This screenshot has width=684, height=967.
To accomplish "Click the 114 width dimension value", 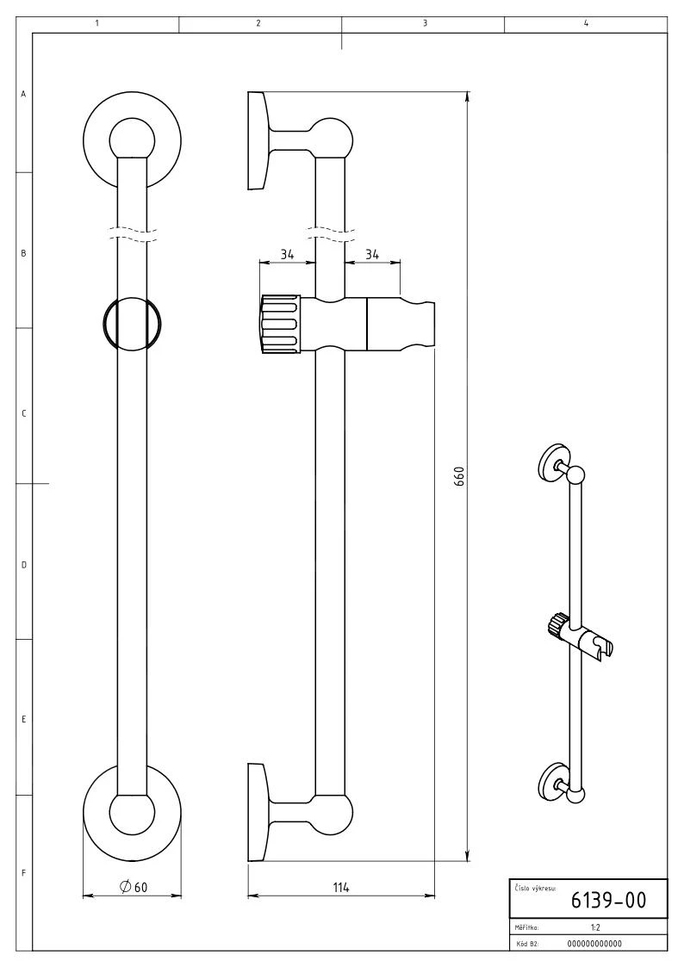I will pyautogui.click(x=341, y=888).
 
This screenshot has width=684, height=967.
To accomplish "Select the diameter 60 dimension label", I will pyautogui.click(x=135, y=888).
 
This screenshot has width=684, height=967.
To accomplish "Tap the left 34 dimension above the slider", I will pyautogui.click(x=286, y=254).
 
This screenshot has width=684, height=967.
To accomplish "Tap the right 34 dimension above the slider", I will pyautogui.click(x=372, y=254).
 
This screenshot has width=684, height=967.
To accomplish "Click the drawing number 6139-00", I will pyautogui.click(x=608, y=901).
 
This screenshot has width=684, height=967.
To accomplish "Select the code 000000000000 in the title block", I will pyautogui.click(x=595, y=943).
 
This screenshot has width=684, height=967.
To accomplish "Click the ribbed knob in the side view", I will pyautogui.click(x=280, y=324).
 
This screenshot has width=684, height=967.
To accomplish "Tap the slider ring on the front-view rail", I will pyautogui.click(x=132, y=324).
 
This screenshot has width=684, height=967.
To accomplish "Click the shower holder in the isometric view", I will pyautogui.click(x=600, y=644).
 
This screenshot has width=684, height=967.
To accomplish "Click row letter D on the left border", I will pyautogui.click(x=23, y=565).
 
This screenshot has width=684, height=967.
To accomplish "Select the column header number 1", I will pyautogui.click(x=96, y=23).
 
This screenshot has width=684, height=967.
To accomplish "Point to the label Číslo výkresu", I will pyautogui.click(x=535, y=887).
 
